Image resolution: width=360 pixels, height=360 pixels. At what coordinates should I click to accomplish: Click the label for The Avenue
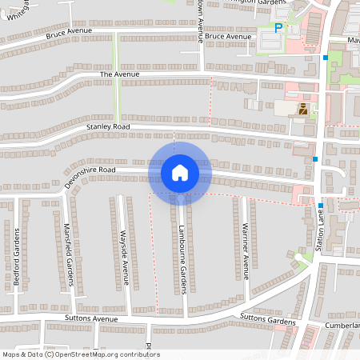click(x=114, y=74)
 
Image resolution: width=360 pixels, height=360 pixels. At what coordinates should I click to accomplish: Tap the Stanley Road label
click(x=108, y=126)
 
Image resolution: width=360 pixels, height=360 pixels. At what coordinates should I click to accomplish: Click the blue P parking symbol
click(x=278, y=28)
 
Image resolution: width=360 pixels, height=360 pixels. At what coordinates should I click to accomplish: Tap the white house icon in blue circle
click(x=180, y=173)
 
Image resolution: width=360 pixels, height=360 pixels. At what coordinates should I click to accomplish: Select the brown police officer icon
click(x=303, y=110)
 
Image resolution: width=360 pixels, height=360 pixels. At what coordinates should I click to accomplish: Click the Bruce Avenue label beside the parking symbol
click(x=227, y=37)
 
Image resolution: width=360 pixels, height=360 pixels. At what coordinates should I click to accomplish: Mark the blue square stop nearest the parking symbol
click(x=326, y=58)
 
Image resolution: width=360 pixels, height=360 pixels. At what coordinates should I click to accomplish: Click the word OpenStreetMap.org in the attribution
click(x=94, y=354)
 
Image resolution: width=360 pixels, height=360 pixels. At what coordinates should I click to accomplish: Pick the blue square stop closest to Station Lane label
click(x=316, y=159)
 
